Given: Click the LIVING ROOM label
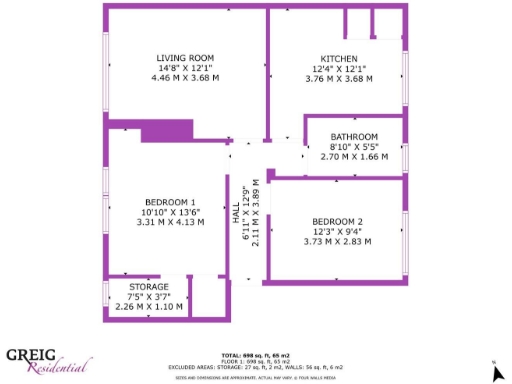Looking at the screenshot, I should tap(185, 57).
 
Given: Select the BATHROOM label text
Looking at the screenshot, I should tap(354, 136).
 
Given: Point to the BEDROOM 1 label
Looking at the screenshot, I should tap(170, 202).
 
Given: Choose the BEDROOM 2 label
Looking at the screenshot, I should tap(337, 221).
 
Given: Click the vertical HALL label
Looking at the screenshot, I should tap(237, 216).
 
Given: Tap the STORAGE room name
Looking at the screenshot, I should tap(148, 287).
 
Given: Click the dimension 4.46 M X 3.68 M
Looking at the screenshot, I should tap(185, 77).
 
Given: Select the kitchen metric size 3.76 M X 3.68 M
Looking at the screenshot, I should tap(339, 78).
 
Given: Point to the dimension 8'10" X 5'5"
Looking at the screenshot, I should tap(354, 147).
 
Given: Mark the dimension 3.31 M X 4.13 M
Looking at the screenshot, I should tap(170, 222).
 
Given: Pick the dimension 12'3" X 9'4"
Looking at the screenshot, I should tap(337, 231).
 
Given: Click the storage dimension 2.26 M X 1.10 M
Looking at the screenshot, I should tap(148, 306).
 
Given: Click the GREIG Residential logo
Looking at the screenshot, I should tap(49, 359).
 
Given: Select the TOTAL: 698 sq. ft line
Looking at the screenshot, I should tap(255, 355).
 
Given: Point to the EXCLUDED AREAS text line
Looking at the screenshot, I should tap(255, 367).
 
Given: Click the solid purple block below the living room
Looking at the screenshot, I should tap(166, 131).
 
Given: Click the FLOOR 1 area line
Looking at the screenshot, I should tap(255, 361).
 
